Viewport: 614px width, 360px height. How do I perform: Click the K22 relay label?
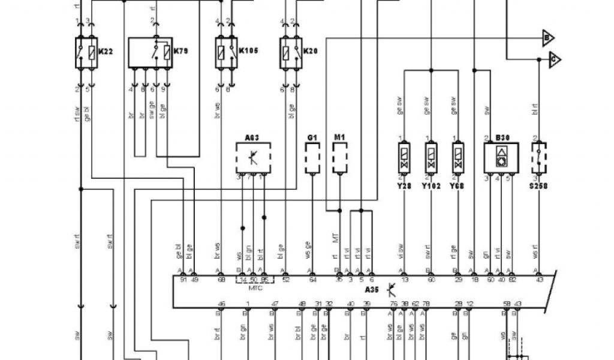click(x=106, y=52)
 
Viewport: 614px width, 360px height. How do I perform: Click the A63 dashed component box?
click(x=253, y=158)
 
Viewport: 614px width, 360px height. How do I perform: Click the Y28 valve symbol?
click(x=404, y=158)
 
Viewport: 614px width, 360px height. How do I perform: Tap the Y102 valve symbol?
click(x=431, y=158)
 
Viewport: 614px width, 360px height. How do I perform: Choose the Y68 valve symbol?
click(x=458, y=158)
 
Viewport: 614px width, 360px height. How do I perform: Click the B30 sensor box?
click(x=501, y=158)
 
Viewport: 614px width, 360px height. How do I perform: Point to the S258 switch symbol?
click(x=539, y=158)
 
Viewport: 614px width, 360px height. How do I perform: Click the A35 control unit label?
click(x=372, y=289)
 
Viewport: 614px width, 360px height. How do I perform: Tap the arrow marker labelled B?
click(x=547, y=38)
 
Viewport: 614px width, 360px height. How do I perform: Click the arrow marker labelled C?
click(x=555, y=59)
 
